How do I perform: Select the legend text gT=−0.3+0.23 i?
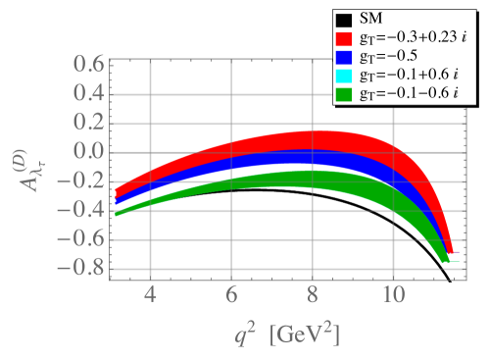pyautogui.click(x=417, y=38)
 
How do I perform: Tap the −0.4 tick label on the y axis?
pyautogui.click(x=83, y=210)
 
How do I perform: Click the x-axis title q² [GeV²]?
pyautogui.click(x=285, y=334)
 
